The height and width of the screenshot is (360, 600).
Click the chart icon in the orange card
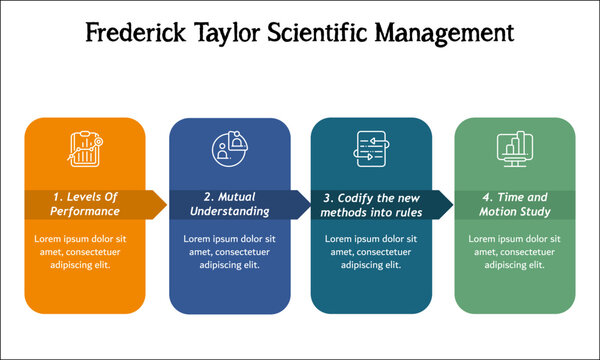pos(84,150)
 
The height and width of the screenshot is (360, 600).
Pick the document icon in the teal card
pos(371,150)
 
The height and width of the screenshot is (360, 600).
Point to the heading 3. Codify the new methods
pos(372,204)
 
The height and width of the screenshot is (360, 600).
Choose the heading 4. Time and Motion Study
pos(516,204)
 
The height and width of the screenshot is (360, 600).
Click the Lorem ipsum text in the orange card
pos(85,252)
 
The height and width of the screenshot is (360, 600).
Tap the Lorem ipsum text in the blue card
pos(229,252)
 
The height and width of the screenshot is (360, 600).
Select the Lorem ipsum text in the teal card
pos(372,252)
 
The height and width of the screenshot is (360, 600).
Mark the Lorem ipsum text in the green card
pos(515,252)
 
